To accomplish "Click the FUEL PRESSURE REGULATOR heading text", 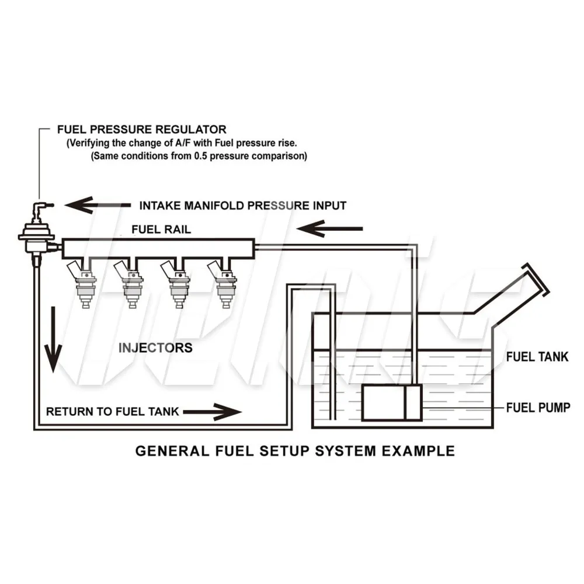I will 141,129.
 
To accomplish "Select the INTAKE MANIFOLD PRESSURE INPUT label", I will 242,206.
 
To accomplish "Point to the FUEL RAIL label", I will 161,230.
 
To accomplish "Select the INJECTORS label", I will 155,348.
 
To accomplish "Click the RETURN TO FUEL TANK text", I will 113,411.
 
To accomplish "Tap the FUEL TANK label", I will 537,357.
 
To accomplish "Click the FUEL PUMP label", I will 537,407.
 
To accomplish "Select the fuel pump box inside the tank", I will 391,403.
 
